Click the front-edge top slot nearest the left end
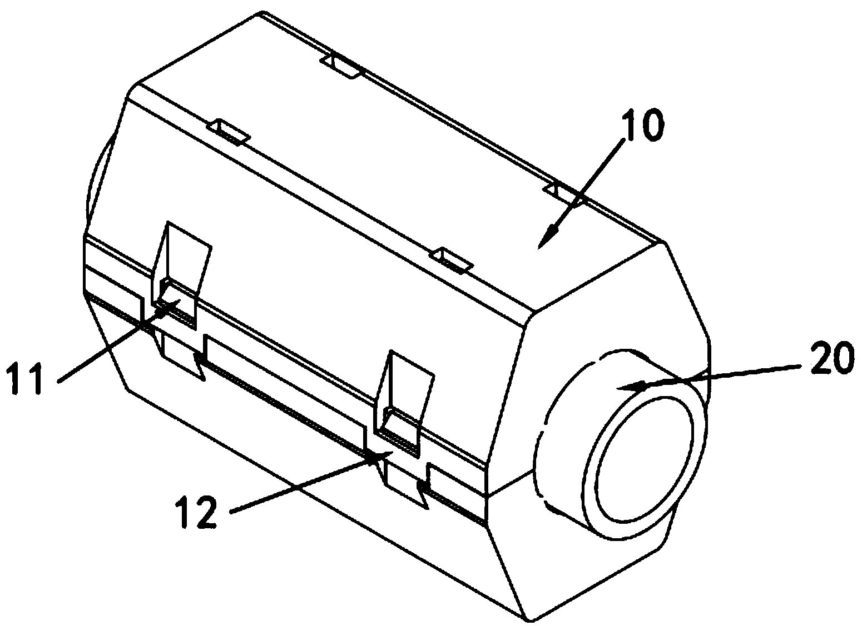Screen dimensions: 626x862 coord(226,131)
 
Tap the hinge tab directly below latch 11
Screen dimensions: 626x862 coord(181,358)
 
